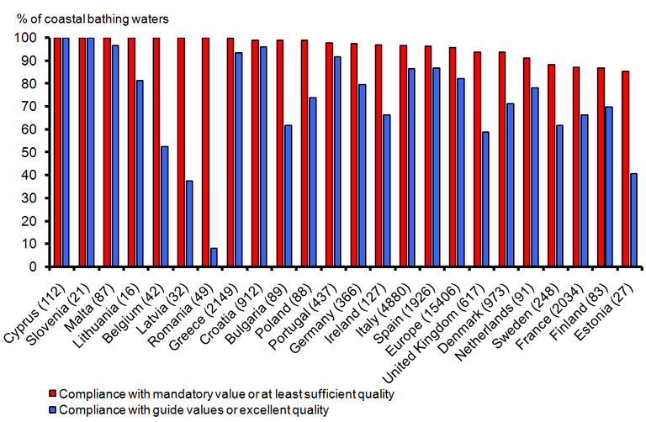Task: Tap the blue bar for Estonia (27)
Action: tap(633, 220)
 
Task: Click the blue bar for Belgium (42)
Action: tap(164, 207)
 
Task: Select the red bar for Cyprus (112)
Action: tap(57, 152)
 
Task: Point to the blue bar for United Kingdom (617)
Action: tap(484, 199)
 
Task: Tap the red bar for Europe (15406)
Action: tap(452, 157)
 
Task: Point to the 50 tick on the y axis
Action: tap(39, 152)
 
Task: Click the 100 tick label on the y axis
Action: tap(24, 38)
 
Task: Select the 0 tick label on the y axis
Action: tap(32, 266)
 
